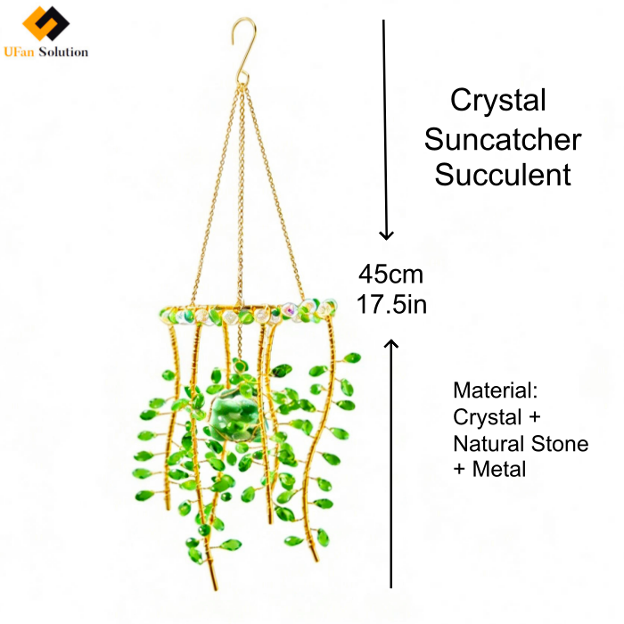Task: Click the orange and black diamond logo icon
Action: (x=45, y=23)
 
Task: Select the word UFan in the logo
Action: (x=19, y=52)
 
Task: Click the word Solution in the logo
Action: (x=63, y=52)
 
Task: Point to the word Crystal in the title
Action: (x=497, y=101)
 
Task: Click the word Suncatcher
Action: (x=503, y=140)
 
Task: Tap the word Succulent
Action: (x=503, y=175)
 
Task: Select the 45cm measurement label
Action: (x=390, y=275)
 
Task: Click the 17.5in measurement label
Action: (x=391, y=305)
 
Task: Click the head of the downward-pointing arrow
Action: (x=386, y=234)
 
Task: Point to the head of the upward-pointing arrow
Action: (x=391, y=344)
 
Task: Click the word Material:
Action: (x=496, y=390)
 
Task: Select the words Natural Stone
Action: (x=521, y=443)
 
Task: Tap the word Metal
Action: (x=499, y=469)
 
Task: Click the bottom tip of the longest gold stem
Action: (x=216, y=589)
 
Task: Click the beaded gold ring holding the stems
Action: (x=249, y=313)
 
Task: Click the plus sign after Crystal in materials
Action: (x=535, y=417)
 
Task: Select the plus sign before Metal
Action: (x=459, y=469)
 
